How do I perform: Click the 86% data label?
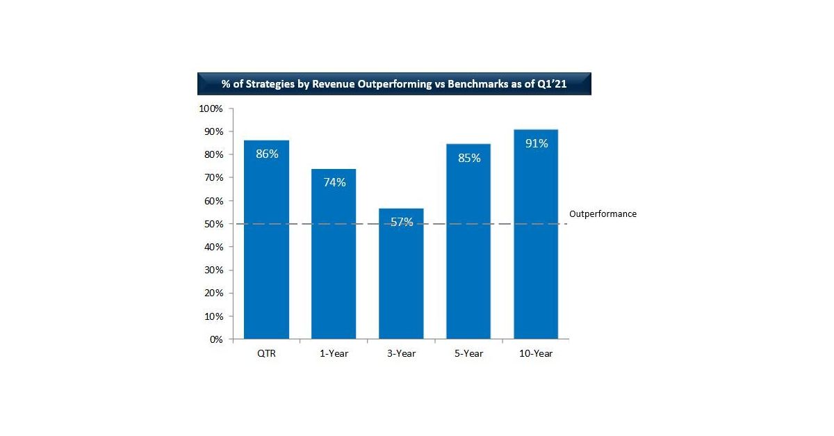(267, 154)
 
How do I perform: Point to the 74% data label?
(334, 182)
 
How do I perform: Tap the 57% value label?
(402, 223)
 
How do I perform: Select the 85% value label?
(469, 158)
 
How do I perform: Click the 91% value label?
(537, 144)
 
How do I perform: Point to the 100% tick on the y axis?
(211, 109)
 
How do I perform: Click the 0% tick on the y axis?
(215, 339)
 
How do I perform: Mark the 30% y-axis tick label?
(213, 271)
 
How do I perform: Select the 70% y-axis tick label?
(213, 178)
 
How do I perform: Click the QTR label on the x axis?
(266, 354)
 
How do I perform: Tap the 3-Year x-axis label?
(401, 354)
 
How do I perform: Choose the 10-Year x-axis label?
(536, 354)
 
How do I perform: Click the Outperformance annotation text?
(603, 214)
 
